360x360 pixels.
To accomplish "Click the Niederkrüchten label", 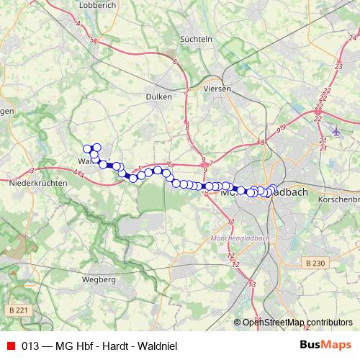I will (x=37, y=184).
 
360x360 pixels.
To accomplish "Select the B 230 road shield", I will (x=315, y=264).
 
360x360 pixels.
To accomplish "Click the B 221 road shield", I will (x=21, y=310).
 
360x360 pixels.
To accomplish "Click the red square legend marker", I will (x=10, y=346).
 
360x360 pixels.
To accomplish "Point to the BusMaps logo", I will (x=325, y=346).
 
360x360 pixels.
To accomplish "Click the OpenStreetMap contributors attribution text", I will (x=297, y=323).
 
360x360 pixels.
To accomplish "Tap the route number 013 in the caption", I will (x=30, y=346).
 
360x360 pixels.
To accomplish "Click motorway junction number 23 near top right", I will (x=338, y=66).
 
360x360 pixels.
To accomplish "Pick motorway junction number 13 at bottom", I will (x=251, y=285).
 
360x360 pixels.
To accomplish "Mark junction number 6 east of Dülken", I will (x=176, y=63).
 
